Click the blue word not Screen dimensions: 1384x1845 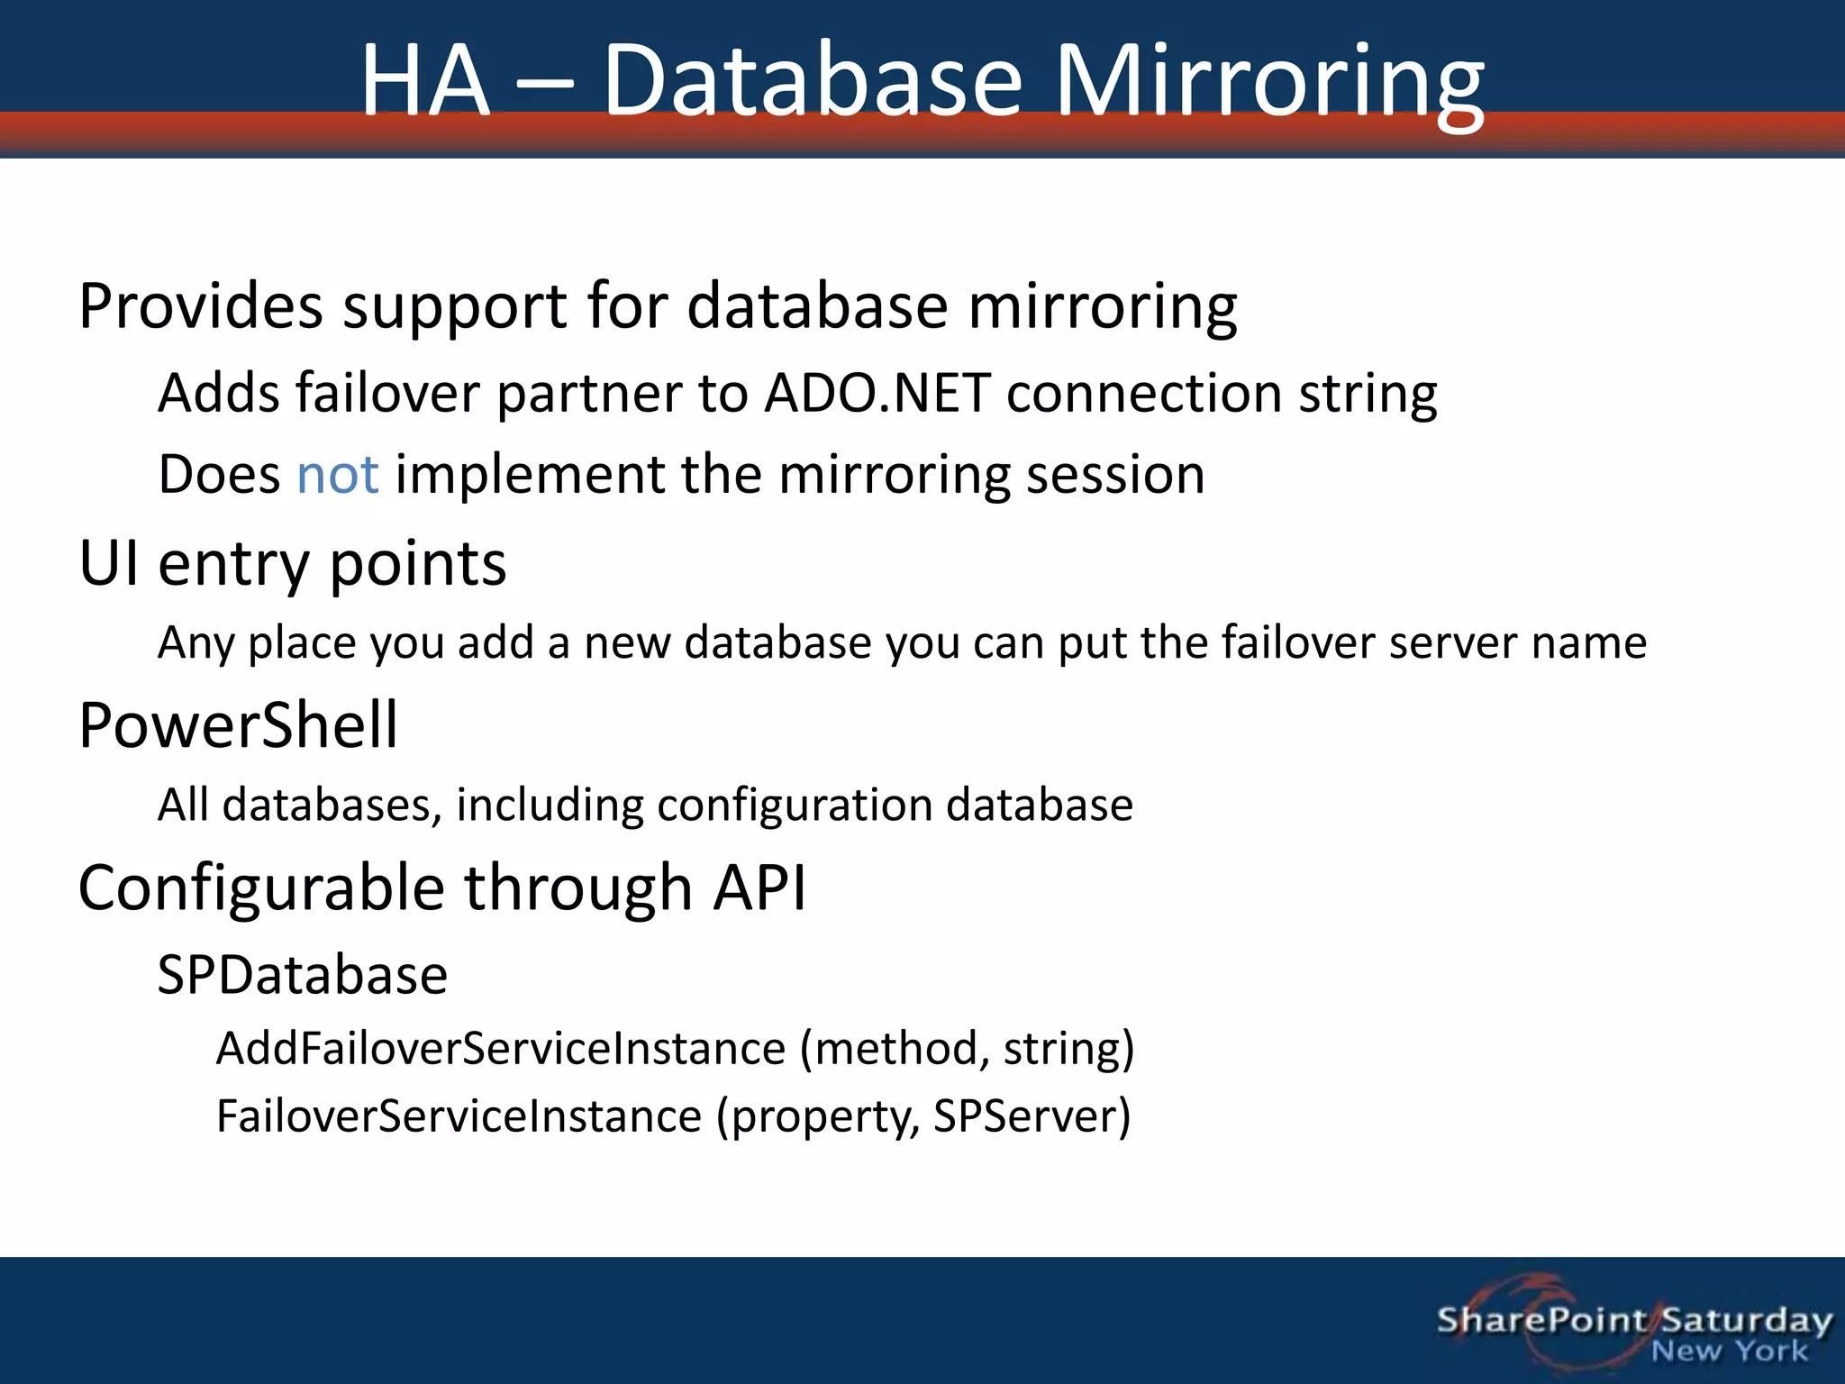(337, 475)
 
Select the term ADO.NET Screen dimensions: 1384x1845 (877, 394)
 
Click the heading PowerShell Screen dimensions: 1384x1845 (238, 725)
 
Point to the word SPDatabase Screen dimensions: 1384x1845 (303, 975)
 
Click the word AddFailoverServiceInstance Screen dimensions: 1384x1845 (501, 1049)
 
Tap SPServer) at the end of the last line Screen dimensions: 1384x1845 (1032, 1116)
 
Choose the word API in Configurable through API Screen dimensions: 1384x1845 (759, 888)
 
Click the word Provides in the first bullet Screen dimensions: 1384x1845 (200, 306)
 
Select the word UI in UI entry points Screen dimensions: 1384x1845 (108, 564)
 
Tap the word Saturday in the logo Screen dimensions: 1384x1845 (1746, 1320)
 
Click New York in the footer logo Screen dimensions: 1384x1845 (1729, 1352)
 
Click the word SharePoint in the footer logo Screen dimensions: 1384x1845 (1541, 1320)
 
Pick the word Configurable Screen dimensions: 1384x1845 (261, 888)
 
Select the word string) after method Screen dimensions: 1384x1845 (1068, 1049)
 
